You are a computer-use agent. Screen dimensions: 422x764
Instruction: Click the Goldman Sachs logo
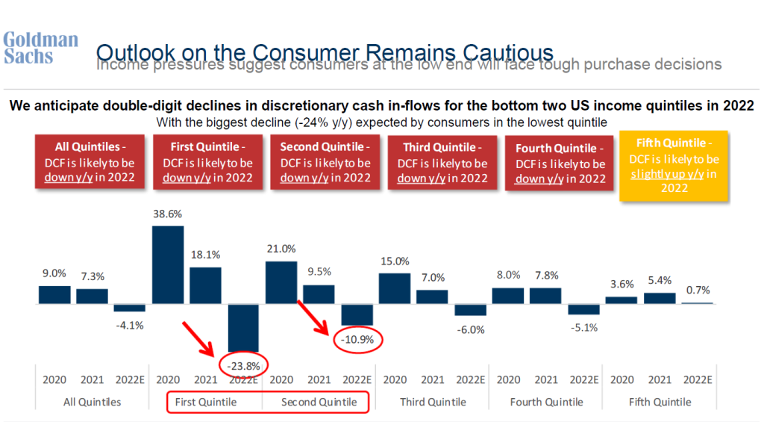click(x=40, y=47)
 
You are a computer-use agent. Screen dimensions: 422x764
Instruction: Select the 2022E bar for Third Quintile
click(x=470, y=310)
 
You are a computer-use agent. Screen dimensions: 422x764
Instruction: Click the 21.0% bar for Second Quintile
click(x=281, y=282)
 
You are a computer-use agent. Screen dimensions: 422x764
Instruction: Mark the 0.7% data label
click(x=698, y=290)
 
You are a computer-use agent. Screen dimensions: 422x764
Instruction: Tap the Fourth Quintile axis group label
click(x=547, y=402)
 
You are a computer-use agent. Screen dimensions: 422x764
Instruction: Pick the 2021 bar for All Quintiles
click(x=93, y=296)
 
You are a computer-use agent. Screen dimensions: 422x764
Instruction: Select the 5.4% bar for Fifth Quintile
click(x=660, y=298)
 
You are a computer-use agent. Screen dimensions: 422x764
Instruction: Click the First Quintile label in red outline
click(x=206, y=402)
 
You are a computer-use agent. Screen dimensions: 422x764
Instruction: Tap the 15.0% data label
click(x=395, y=261)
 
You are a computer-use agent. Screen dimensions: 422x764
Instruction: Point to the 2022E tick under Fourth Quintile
click(x=584, y=379)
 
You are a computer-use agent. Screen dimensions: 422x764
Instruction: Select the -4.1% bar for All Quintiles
click(x=130, y=308)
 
